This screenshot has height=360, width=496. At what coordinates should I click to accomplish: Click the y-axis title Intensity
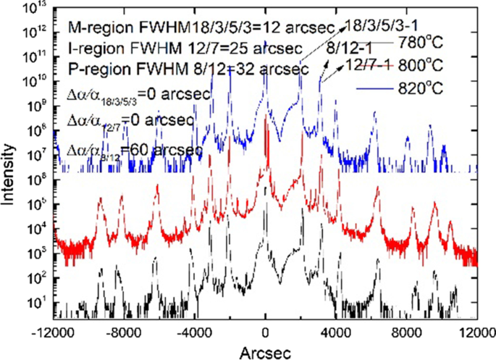(x=9, y=164)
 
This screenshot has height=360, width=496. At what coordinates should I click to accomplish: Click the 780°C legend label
(x=420, y=41)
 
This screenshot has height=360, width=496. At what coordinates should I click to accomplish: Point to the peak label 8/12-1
(x=350, y=46)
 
